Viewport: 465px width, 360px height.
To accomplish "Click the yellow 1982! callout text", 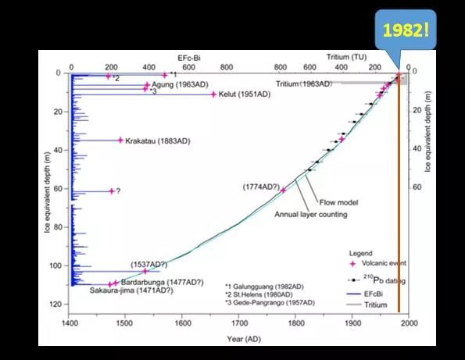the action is (406, 30).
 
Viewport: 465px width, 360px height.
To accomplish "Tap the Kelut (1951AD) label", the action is (245, 94).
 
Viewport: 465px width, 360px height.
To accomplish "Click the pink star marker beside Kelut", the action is (213, 94).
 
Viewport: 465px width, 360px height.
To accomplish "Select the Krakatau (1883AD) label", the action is (157, 141).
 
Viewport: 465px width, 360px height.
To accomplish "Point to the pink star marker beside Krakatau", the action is (120, 140).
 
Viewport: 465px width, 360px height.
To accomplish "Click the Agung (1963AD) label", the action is (180, 85).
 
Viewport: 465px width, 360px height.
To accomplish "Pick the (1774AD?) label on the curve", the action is (261, 187).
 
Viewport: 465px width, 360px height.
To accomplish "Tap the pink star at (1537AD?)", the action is (145, 271).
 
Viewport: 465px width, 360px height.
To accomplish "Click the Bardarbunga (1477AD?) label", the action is (163, 282).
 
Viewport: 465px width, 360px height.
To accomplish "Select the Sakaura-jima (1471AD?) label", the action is (131, 290).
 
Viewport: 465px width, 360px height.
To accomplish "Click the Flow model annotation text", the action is (338, 203).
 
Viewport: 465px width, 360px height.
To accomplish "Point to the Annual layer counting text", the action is (311, 215).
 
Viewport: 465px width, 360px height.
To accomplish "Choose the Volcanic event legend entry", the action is (377, 263).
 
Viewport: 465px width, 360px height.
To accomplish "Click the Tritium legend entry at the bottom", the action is (367, 305).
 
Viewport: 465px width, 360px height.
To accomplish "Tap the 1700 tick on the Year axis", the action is (238, 323).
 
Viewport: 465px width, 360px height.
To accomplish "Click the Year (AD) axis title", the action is (244, 339).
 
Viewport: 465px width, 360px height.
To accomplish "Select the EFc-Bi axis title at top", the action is (189, 58).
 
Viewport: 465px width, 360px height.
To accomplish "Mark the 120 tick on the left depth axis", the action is (55, 305).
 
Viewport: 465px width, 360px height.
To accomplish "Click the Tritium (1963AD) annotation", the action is (304, 84).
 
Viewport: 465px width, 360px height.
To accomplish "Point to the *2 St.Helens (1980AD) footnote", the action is (259, 295).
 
